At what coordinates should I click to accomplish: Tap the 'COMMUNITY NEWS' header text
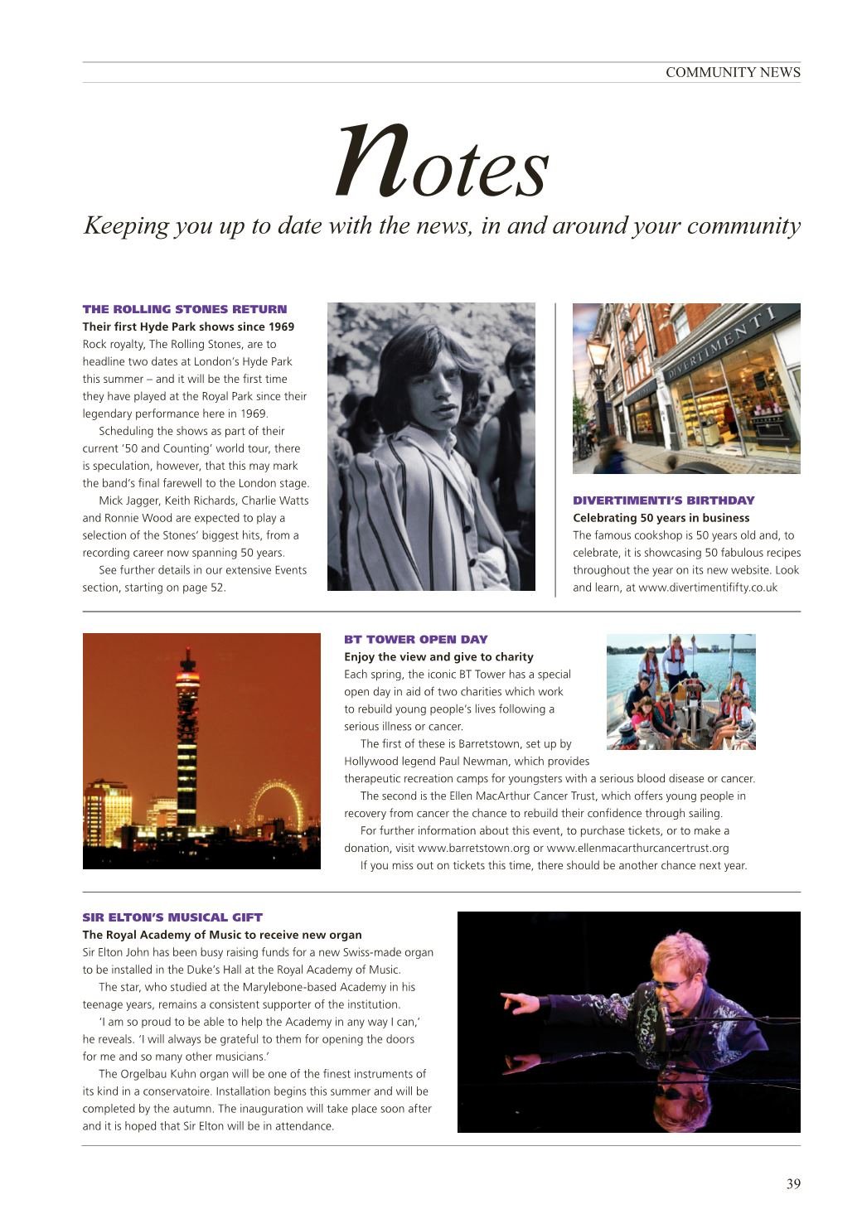(733, 72)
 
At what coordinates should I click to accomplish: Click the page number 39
(793, 1183)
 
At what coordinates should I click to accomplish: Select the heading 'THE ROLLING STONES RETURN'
(185, 309)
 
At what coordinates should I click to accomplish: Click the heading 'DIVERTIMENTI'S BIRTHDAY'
(663, 501)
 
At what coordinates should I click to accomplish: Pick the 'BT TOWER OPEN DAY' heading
(415, 640)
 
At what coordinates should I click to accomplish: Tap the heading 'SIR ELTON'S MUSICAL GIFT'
(172, 917)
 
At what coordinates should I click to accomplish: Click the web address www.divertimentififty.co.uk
(707, 588)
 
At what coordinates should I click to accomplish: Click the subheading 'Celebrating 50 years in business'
(661, 518)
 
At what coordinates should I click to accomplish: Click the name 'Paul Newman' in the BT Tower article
(496, 761)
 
